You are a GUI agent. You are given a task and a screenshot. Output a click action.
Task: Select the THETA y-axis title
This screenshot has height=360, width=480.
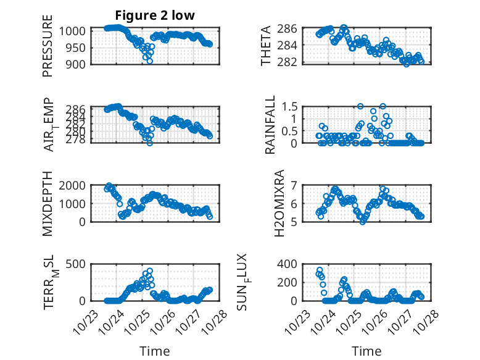[x=266, y=46]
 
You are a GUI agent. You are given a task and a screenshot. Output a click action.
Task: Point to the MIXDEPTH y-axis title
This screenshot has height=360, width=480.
[x=48, y=203]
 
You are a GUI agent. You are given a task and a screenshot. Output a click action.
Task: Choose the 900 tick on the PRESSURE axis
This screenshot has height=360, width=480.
[x=80, y=64]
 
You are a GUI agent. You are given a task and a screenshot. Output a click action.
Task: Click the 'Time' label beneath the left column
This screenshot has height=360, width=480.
[x=155, y=351]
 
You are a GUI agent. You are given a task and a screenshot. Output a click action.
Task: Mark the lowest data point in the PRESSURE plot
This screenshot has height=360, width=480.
[x=150, y=61]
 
